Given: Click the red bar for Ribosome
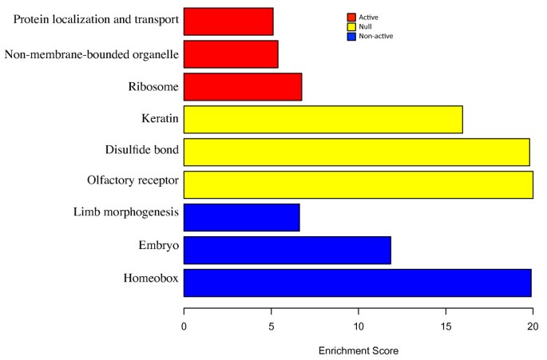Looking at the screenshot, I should click(x=243, y=87).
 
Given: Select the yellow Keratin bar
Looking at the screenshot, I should click(x=323, y=120).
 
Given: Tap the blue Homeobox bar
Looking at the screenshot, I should click(x=357, y=283).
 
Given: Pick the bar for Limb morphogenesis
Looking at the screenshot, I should click(x=241, y=217).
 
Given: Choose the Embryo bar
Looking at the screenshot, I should click(x=287, y=250).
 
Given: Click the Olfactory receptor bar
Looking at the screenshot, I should click(x=358, y=184).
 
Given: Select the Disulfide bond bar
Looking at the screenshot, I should click(x=356, y=152).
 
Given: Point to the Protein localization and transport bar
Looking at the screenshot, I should click(x=228, y=22).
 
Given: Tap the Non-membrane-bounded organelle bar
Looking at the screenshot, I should click(x=231, y=54).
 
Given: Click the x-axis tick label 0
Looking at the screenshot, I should click(x=184, y=326).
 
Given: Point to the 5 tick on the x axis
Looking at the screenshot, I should click(x=272, y=326).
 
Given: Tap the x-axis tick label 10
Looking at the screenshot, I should click(x=359, y=326).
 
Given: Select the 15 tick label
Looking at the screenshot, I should click(x=446, y=326).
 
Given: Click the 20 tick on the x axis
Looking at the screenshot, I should click(x=533, y=326).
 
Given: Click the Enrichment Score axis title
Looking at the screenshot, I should click(x=358, y=350).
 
